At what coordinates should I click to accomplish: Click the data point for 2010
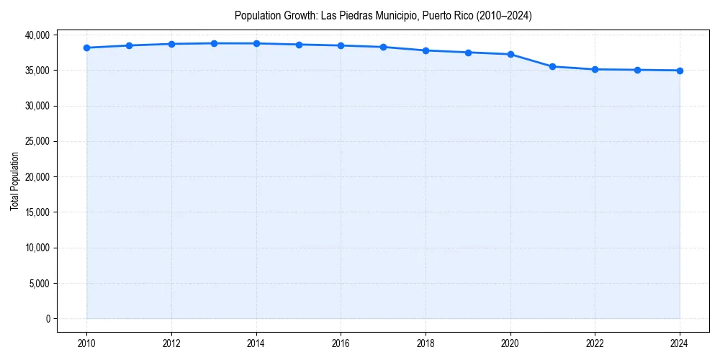(x=86, y=48)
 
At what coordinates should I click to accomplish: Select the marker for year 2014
(x=256, y=43)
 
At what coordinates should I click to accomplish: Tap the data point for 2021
(x=552, y=66)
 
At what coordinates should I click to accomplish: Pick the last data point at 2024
(x=680, y=71)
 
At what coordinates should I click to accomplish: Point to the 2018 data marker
(x=426, y=50)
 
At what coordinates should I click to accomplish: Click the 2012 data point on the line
(x=171, y=44)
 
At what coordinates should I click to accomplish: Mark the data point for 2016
(x=341, y=45)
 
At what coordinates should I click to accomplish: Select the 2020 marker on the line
(x=510, y=54)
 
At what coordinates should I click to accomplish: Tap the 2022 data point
(x=595, y=69)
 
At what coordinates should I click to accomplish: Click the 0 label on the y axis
(x=47, y=318)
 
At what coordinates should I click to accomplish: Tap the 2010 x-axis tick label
(x=86, y=343)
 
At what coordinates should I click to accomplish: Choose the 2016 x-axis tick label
(x=341, y=343)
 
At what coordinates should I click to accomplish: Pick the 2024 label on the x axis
(x=680, y=343)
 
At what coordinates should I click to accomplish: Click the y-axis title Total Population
(x=14, y=181)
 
